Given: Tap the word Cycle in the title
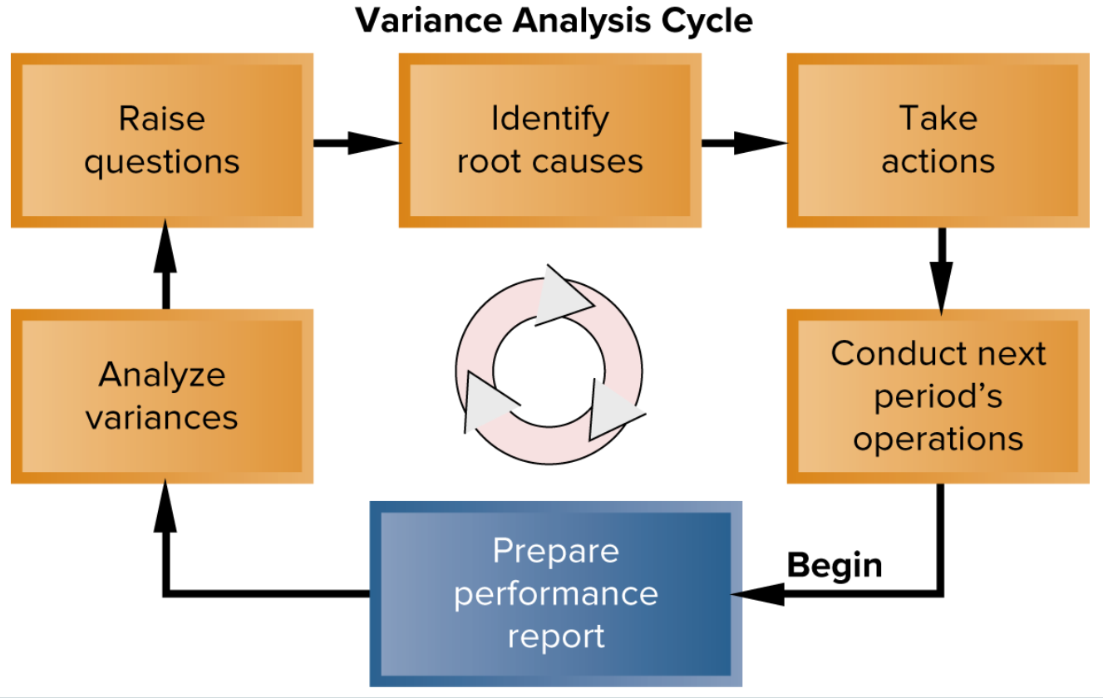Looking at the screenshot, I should pyautogui.click(x=707, y=20).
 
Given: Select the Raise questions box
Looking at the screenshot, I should pyautogui.click(x=161, y=140).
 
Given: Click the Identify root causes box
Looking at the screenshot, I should pyautogui.click(x=549, y=140).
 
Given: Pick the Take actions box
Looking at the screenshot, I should pyautogui.click(x=938, y=140).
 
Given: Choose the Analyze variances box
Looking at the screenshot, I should pyautogui.click(x=161, y=396).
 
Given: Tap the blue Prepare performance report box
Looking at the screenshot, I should pyautogui.click(x=555, y=593).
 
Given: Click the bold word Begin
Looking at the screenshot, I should pyautogui.click(x=834, y=566).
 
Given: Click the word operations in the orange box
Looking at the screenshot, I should pyautogui.click(x=938, y=438).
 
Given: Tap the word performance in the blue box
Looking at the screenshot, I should pyautogui.click(x=555, y=593).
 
